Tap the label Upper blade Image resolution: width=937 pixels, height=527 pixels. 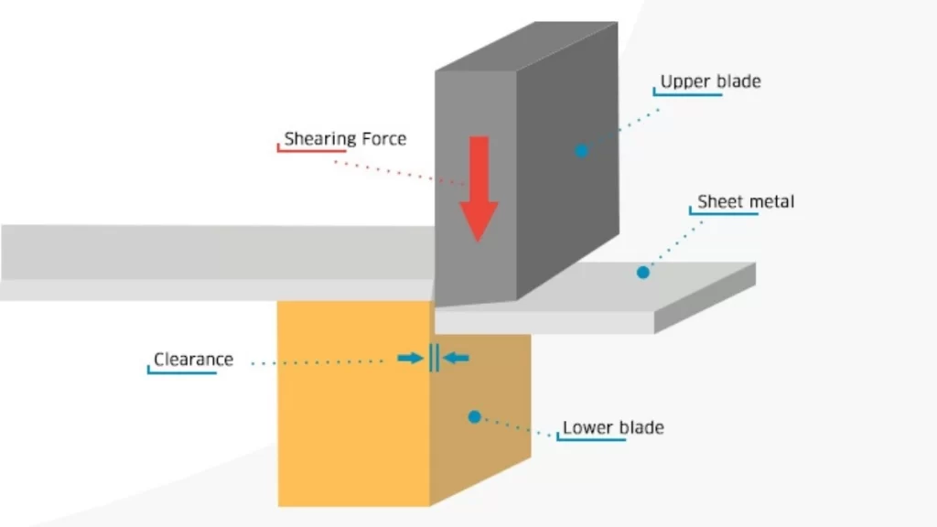[710, 81]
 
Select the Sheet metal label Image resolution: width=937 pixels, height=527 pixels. [746, 201]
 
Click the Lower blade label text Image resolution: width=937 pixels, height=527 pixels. [612, 427]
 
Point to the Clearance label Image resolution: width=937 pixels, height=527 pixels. [193, 360]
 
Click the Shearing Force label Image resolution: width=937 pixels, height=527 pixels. [344, 139]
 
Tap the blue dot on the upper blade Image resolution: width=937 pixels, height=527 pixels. [581, 150]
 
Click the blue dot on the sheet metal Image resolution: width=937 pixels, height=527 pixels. [643, 272]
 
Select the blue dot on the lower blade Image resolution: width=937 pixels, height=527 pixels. [474, 417]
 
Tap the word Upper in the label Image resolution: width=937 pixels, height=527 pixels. [685, 81]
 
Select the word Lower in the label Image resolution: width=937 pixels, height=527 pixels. [585, 427]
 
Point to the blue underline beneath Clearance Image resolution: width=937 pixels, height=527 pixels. [183, 371]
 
